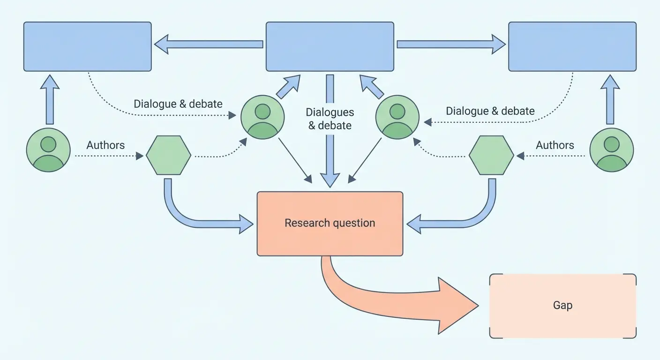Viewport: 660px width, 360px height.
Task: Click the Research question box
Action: tap(330, 224)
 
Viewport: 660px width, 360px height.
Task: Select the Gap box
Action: tap(562, 306)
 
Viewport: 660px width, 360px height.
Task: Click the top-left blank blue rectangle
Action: tap(88, 46)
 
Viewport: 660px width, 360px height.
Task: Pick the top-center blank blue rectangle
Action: tap(330, 46)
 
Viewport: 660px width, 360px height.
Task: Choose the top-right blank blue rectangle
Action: tap(572, 46)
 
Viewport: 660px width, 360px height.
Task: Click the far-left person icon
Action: tap(48, 150)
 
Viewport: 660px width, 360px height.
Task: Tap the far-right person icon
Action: tap(611, 150)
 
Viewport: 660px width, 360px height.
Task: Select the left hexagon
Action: tap(168, 155)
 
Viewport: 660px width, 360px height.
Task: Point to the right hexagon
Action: tap(491, 155)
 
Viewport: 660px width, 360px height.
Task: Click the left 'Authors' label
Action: tap(105, 145)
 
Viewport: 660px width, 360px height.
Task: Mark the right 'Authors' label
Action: tap(555, 145)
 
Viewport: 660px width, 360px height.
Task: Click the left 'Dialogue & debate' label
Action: tap(178, 104)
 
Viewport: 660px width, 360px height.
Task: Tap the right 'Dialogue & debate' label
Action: tap(490, 111)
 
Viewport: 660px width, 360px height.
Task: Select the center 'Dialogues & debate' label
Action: tap(330, 119)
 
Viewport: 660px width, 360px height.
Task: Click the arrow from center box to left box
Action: tap(209, 45)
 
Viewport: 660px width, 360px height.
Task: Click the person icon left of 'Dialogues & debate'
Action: tap(262, 117)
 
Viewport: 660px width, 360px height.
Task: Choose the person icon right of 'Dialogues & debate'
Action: tap(397, 117)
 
